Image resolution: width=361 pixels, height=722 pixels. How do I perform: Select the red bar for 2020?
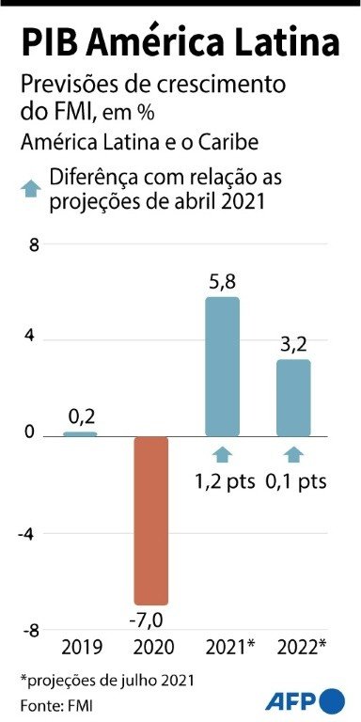point(150,520)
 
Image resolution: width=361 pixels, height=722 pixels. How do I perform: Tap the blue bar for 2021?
point(222,367)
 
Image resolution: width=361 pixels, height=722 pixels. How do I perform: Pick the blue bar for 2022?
point(293,398)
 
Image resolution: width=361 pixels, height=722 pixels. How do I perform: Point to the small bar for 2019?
point(80,433)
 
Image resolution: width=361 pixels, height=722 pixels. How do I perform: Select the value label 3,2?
point(293,344)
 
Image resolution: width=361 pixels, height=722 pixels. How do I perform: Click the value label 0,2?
point(80,416)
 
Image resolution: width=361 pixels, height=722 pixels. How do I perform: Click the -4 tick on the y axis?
point(29,533)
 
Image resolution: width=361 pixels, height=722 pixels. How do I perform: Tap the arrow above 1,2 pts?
point(222,455)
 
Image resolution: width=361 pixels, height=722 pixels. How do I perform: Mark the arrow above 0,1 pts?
point(293,455)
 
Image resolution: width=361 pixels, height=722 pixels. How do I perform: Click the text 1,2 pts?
point(226,481)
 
